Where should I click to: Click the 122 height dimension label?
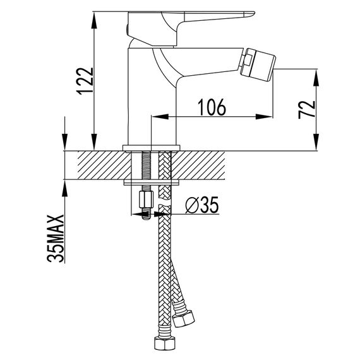coord(85,81)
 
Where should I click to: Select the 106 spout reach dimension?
coord(212,107)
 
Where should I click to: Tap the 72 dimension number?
coord(307,109)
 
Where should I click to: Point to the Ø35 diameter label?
coord(202,205)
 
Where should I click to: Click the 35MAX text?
coord(56,238)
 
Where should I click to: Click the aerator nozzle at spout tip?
coord(258,64)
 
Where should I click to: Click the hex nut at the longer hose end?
coord(164,344)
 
